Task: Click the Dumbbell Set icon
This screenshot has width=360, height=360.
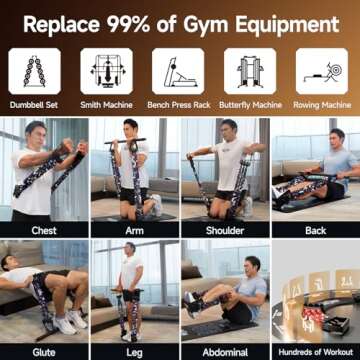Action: point(33,71)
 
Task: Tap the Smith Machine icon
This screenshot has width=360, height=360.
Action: point(105,71)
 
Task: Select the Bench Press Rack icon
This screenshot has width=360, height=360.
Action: point(178,71)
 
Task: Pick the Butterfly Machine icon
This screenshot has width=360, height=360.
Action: point(250,71)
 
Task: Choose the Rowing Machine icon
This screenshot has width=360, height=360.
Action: point(322,71)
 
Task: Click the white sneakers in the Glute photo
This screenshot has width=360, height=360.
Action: point(66,322)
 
